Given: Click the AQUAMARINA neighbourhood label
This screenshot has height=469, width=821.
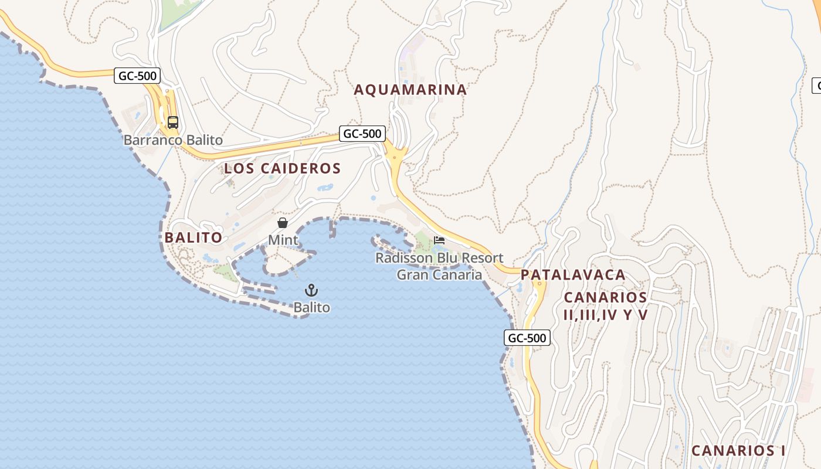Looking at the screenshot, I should (x=410, y=90).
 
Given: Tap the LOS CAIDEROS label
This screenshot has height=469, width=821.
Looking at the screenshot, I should (x=282, y=168).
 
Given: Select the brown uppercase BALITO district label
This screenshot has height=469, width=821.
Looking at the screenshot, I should (x=194, y=237).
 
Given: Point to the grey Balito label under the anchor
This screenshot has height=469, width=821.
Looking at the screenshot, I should (x=311, y=307).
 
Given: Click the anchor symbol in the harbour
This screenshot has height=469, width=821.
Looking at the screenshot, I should (x=311, y=290).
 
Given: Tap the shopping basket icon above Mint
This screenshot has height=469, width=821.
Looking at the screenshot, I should (x=283, y=223).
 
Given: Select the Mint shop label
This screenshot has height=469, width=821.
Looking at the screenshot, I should (x=283, y=240).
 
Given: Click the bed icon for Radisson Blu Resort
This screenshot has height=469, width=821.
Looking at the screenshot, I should (x=439, y=240).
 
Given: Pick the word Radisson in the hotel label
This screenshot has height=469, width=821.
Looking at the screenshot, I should (x=403, y=258).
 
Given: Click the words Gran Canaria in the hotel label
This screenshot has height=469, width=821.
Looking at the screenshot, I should (x=439, y=274).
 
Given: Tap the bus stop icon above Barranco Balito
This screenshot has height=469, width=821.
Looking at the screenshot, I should (x=172, y=123).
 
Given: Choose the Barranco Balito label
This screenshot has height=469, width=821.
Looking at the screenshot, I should (x=173, y=140).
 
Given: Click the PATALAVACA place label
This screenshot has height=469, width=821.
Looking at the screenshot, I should (x=573, y=275).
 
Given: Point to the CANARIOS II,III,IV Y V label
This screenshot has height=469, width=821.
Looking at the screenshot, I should (x=605, y=306).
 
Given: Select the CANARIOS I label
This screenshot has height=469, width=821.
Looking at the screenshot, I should (x=738, y=451).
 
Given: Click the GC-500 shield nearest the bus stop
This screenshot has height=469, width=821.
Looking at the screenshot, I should (x=137, y=76).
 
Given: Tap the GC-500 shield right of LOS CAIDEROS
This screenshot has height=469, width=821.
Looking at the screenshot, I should (x=362, y=134).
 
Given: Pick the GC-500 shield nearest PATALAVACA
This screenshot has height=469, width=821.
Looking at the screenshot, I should (x=527, y=338).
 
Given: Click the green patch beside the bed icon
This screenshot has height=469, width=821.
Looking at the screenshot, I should (x=423, y=241).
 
